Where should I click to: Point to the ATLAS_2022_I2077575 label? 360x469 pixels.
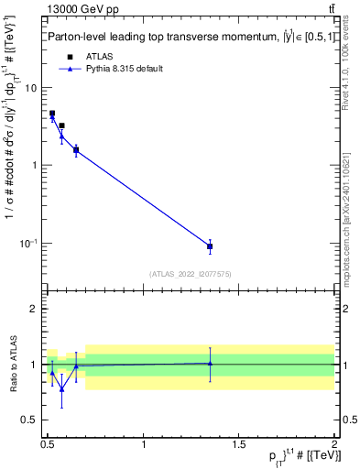[x=190, y=273]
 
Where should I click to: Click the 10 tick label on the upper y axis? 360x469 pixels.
[x=32, y=88]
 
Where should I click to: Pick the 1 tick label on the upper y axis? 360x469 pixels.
[x=36, y=166]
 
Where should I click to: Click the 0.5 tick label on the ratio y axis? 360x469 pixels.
[x=30, y=420]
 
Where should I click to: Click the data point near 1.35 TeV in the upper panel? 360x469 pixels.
[x=210, y=246]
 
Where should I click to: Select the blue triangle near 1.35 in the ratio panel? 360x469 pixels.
[x=210, y=363]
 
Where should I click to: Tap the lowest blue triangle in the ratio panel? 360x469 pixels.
[x=61, y=388]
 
